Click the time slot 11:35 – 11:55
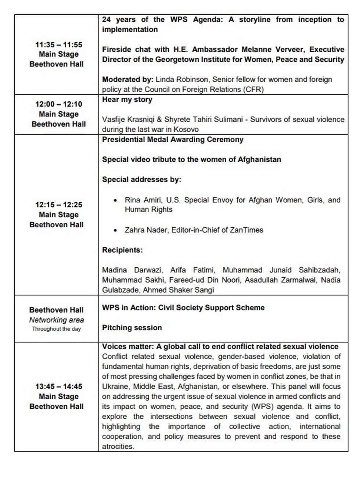click(59, 45)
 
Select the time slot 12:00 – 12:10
click(59, 104)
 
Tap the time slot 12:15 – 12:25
click(59, 205)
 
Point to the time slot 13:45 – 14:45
click(59, 387)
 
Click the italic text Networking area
click(57, 320)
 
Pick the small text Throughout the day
click(56, 329)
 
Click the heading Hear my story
click(127, 100)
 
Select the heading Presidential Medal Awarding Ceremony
click(173, 140)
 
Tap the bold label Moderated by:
click(127, 79)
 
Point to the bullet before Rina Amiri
click(116, 201)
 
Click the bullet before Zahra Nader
click(116, 231)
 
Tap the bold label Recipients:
click(122, 250)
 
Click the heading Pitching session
click(132, 328)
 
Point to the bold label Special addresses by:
click(141, 180)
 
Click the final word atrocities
click(118, 447)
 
